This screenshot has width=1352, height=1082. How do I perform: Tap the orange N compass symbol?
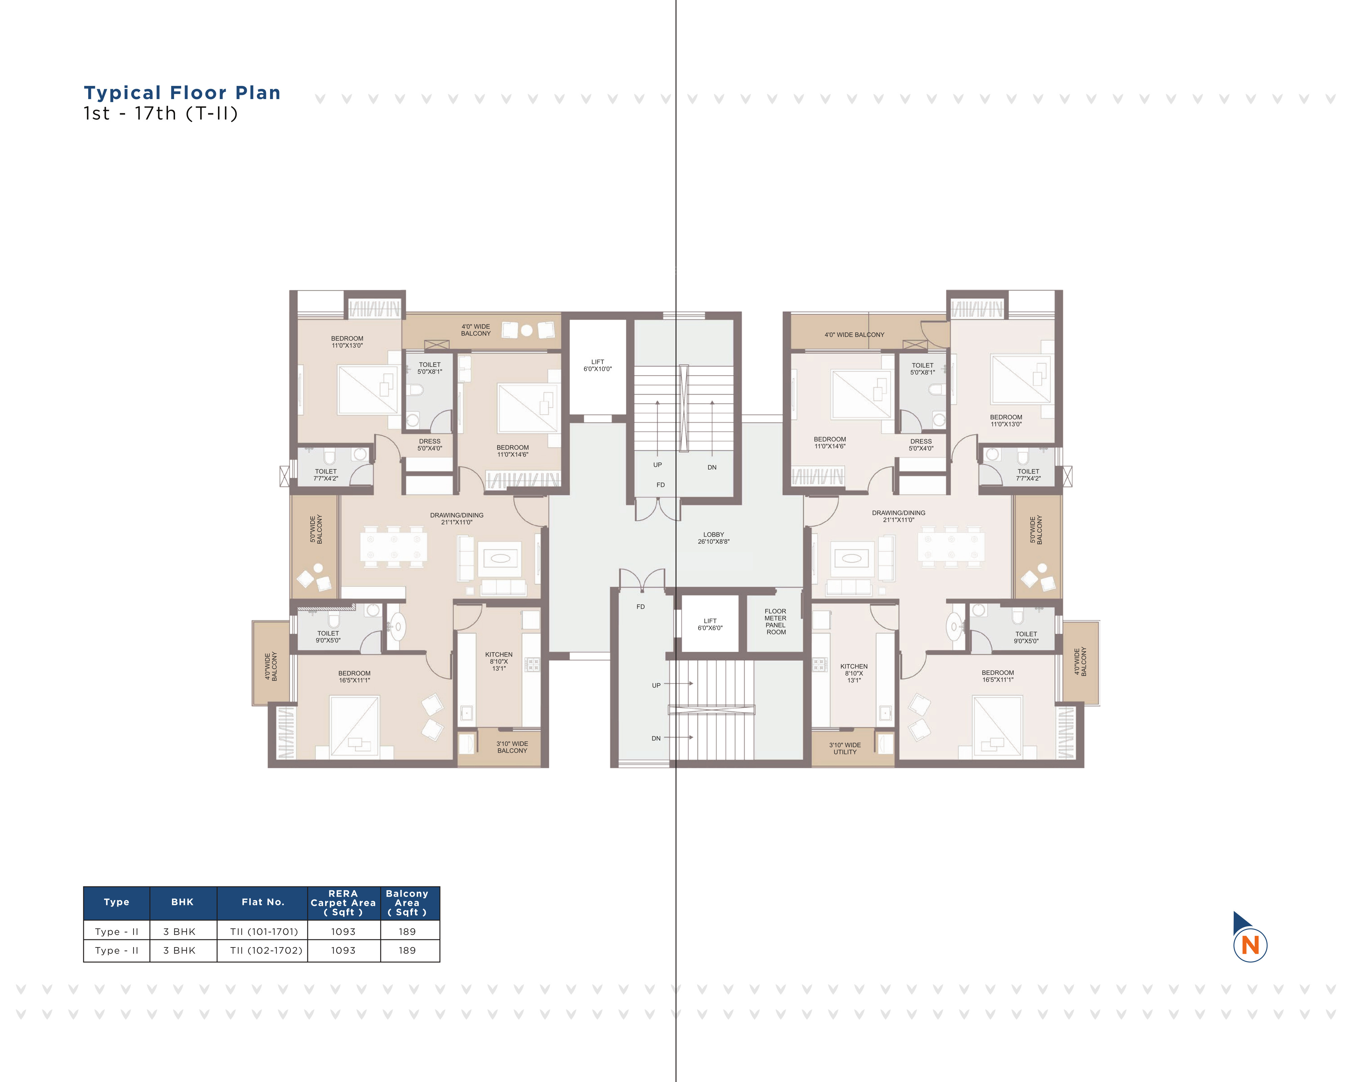(1250, 945)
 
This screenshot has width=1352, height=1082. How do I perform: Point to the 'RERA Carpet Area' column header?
(343, 902)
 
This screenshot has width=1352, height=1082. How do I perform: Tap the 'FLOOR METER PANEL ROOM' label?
(776, 621)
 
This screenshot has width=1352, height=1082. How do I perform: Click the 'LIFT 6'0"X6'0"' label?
(710, 624)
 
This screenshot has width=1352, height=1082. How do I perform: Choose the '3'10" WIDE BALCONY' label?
(512, 747)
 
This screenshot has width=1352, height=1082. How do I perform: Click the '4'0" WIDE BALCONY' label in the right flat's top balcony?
(854, 335)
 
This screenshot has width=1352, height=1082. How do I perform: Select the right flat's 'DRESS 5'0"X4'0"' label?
(921, 445)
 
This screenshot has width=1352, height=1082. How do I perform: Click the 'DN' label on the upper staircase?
(712, 467)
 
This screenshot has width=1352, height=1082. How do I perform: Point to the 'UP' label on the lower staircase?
(656, 686)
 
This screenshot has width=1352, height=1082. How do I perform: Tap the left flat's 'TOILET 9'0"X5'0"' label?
(328, 637)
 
